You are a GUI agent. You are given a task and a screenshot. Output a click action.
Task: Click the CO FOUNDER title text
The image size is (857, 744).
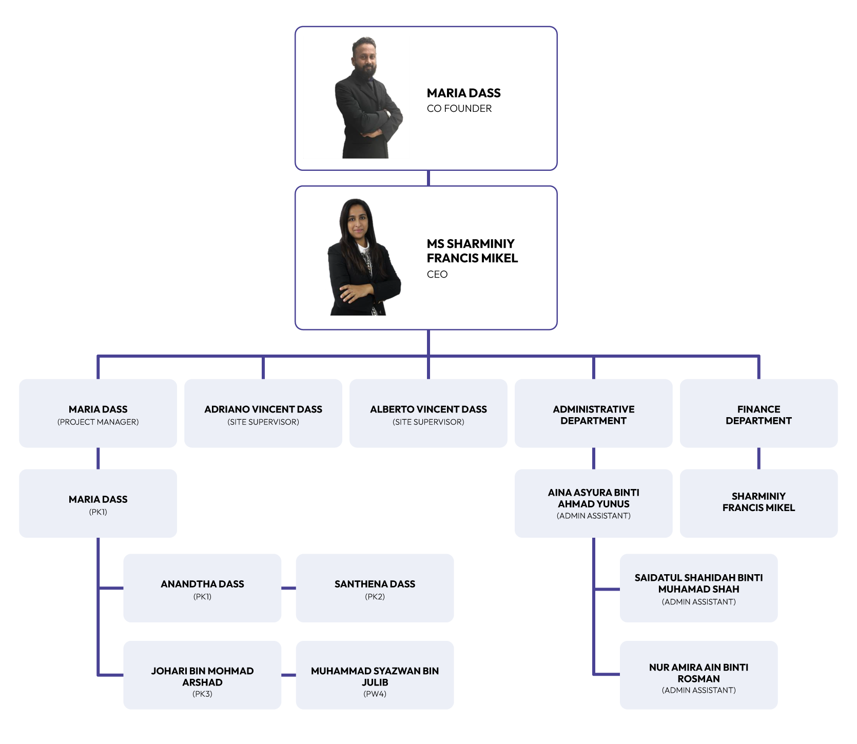pos(459,108)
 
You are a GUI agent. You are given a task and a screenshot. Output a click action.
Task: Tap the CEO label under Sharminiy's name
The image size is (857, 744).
pos(437,274)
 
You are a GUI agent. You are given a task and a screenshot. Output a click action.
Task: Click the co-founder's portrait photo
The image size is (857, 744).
pos(366,98)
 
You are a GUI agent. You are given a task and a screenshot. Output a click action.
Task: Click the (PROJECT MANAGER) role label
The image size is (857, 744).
pos(98,422)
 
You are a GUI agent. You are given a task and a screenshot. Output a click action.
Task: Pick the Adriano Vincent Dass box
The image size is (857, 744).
pos(263,413)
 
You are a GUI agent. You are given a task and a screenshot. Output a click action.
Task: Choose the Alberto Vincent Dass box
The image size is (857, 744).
pos(428,413)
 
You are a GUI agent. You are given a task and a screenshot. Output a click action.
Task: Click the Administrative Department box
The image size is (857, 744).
pos(594,414)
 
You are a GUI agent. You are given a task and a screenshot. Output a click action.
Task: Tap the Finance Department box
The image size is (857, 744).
pos(758,414)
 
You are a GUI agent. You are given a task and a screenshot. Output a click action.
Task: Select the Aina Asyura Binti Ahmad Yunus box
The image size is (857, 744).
pos(594,503)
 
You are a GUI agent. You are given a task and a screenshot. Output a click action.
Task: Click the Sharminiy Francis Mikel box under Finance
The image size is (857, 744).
pos(758,503)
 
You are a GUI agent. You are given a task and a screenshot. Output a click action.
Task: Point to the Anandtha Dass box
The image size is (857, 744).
pos(202,588)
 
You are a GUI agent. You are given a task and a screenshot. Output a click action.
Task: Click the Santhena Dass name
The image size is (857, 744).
pos(375,584)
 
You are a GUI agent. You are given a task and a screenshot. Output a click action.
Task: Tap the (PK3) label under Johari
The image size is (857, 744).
pos(202,694)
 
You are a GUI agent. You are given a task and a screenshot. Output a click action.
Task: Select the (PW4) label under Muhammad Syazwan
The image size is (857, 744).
pos(375,694)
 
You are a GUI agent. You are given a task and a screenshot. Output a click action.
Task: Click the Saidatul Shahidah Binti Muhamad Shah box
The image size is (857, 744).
pos(699,588)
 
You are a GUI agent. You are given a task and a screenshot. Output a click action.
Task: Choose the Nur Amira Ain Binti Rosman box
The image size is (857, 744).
pos(699,675)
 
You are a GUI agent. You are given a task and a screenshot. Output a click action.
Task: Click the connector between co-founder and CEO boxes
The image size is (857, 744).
pos(428,178)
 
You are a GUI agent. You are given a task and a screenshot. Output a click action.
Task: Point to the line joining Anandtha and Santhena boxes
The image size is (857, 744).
pos(288,588)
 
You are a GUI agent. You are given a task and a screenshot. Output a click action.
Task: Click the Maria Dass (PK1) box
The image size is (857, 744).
pos(98,503)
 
